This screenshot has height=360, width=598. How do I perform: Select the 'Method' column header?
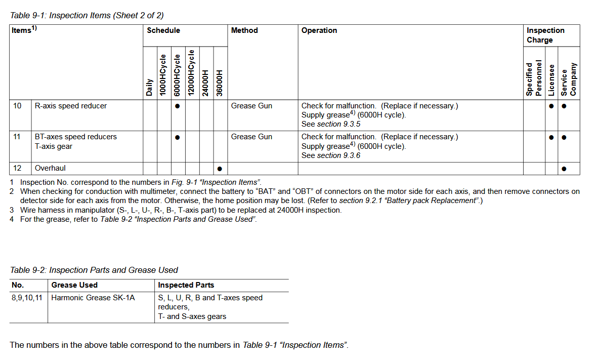pos(244,30)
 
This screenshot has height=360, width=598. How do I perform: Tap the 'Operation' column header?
pos(319,30)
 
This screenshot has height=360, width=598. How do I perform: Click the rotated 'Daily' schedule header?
pos(150,87)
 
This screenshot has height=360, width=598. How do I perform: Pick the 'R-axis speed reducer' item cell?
pos(71,106)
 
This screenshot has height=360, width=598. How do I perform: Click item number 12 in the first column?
pos(17,168)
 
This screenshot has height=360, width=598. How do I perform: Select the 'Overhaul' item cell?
pos(50,168)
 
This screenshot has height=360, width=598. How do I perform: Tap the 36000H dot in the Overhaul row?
pos(220,169)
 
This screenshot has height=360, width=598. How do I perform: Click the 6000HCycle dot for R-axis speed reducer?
pos(178,106)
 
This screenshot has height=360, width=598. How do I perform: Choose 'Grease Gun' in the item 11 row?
pos(251,137)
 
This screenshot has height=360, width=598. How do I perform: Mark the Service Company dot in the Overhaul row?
pos(564,169)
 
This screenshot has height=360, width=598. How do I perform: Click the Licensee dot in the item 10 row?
pos(551,106)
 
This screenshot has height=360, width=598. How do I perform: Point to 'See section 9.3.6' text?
pos(331,155)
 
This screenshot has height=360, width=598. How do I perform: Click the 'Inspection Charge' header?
pos(545,35)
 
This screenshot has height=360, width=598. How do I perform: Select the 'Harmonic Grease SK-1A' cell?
pos(93,298)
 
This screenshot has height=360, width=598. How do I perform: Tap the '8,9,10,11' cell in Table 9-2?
pos(27,298)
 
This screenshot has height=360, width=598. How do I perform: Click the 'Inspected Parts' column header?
pos(186,285)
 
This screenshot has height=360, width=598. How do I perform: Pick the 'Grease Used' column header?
pos(74,285)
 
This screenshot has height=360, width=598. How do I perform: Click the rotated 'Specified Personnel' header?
pos(533,78)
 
